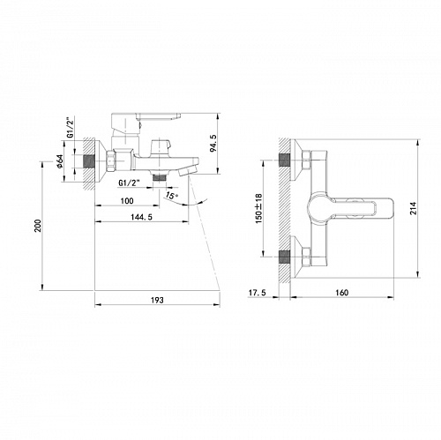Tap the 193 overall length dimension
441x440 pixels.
(157, 300)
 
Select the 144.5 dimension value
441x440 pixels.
(142, 217)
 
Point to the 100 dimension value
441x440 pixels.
(127, 201)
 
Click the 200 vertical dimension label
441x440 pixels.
(38, 226)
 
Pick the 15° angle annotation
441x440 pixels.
(171, 195)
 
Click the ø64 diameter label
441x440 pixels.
(61, 161)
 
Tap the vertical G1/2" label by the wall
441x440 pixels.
(70, 128)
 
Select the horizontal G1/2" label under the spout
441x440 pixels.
(129, 183)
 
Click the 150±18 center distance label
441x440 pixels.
(258, 208)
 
